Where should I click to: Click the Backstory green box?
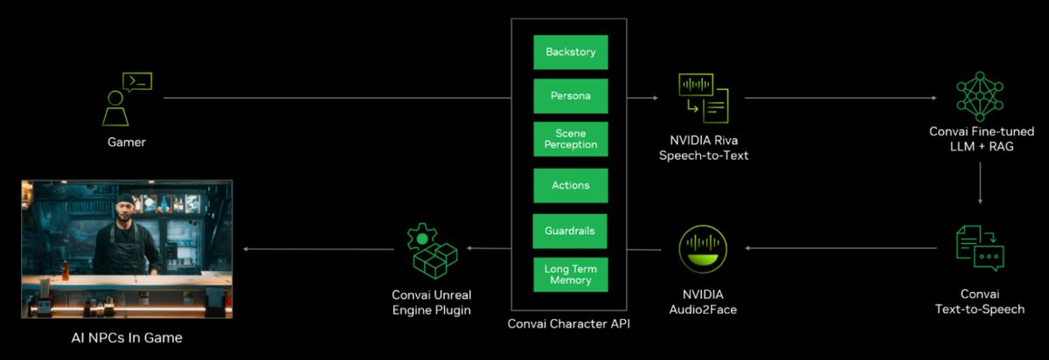570,52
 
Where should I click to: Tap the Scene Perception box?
570,138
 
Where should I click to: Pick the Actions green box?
570,185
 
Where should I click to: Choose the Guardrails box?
570,231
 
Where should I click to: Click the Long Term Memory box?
570,274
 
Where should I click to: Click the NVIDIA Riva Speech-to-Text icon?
703,99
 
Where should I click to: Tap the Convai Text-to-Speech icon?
979,248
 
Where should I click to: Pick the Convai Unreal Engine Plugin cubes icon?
432,249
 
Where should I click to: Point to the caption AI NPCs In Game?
127,337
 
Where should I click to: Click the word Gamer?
127,142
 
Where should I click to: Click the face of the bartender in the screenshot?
129,212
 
